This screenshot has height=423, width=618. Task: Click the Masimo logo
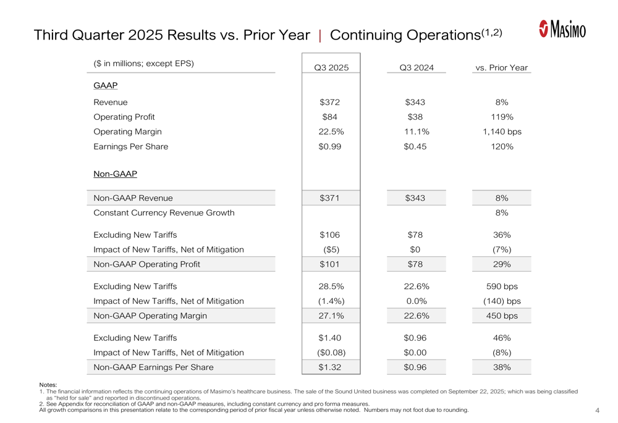tap(562, 28)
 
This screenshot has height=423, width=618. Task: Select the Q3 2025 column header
tap(331, 67)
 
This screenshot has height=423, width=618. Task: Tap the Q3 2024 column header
tap(417, 67)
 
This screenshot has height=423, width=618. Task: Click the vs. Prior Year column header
tap(501, 67)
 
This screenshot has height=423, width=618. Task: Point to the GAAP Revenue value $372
tap(331, 102)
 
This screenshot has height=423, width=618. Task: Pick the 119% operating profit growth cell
tap(502, 117)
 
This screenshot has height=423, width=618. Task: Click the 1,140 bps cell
tap(502, 132)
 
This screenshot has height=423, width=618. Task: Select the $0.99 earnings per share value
tap(331, 146)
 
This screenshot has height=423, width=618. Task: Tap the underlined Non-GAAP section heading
tap(115, 174)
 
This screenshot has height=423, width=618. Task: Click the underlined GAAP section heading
tap(105, 85)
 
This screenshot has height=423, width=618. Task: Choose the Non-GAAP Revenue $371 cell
tap(331, 198)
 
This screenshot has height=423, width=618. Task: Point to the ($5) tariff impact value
tap(331, 249)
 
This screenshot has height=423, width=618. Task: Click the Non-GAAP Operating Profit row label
tap(146, 264)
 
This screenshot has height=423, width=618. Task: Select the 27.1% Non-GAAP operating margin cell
tap(331, 316)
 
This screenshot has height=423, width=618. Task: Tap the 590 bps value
tap(502, 286)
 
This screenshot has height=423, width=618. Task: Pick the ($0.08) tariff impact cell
tap(331, 353)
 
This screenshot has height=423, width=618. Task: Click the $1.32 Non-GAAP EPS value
tap(331, 367)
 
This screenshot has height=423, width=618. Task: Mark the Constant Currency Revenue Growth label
tap(164, 212)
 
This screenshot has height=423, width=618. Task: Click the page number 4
tap(598, 410)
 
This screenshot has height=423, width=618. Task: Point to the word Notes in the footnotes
tap(48, 385)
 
